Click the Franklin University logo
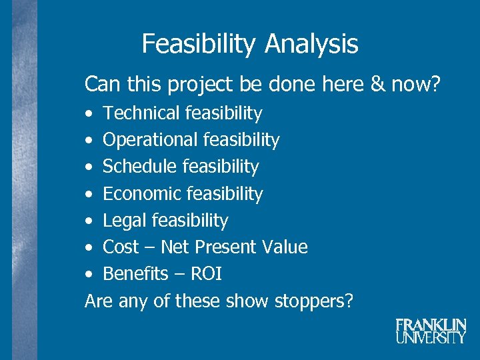(431, 331)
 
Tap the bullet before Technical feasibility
(89, 114)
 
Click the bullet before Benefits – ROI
(89, 275)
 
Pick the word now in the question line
(419, 85)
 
